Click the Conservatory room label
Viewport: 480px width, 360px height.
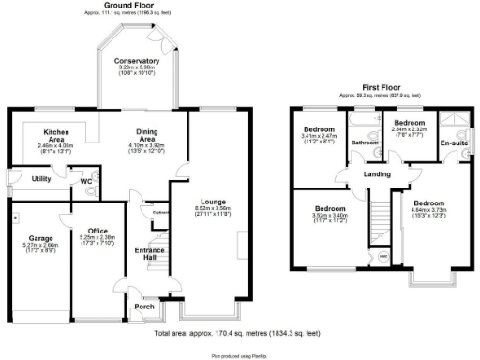137,61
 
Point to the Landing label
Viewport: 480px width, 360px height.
377,174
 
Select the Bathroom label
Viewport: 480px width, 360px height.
363,143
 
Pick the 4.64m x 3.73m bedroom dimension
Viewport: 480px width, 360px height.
430,211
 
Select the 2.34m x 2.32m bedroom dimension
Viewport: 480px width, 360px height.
409,129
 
